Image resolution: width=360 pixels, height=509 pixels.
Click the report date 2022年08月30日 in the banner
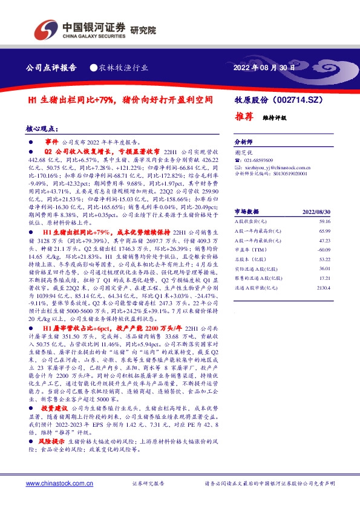[x=264, y=68]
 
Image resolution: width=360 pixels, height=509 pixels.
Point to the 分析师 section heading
[x=243, y=138]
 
